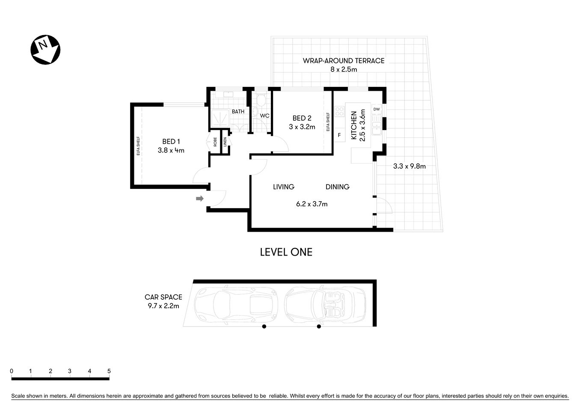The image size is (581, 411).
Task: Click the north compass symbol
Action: click(x=45, y=50)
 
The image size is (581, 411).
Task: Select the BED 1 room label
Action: click(x=171, y=142)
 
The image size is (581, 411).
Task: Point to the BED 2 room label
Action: click(x=302, y=118)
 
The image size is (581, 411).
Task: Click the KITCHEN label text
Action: click(x=354, y=125)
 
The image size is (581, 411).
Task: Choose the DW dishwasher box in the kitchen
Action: click(x=376, y=110)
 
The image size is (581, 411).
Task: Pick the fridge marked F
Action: click(x=339, y=135)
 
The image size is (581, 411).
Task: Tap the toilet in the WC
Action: click(x=261, y=101)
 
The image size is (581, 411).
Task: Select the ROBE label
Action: click(x=215, y=142)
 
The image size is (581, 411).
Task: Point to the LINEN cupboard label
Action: click(x=225, y=142)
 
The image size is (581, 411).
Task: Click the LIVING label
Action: click(x=284, y=187)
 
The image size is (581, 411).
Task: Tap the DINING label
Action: click(x=338, y=187)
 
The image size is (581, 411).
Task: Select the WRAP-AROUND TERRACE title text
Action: click(x=344, y=61)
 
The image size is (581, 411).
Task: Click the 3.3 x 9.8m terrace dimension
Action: click(x=409, y=166)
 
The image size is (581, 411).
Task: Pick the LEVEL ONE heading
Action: click(x=286, y=252)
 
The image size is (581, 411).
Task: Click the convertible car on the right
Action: click(x=326, y=303)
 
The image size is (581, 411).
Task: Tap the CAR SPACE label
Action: click(x=163, y=297)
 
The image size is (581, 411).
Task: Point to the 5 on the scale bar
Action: click(x=109, y=371)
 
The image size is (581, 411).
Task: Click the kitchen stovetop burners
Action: click(x=340, y=111)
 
